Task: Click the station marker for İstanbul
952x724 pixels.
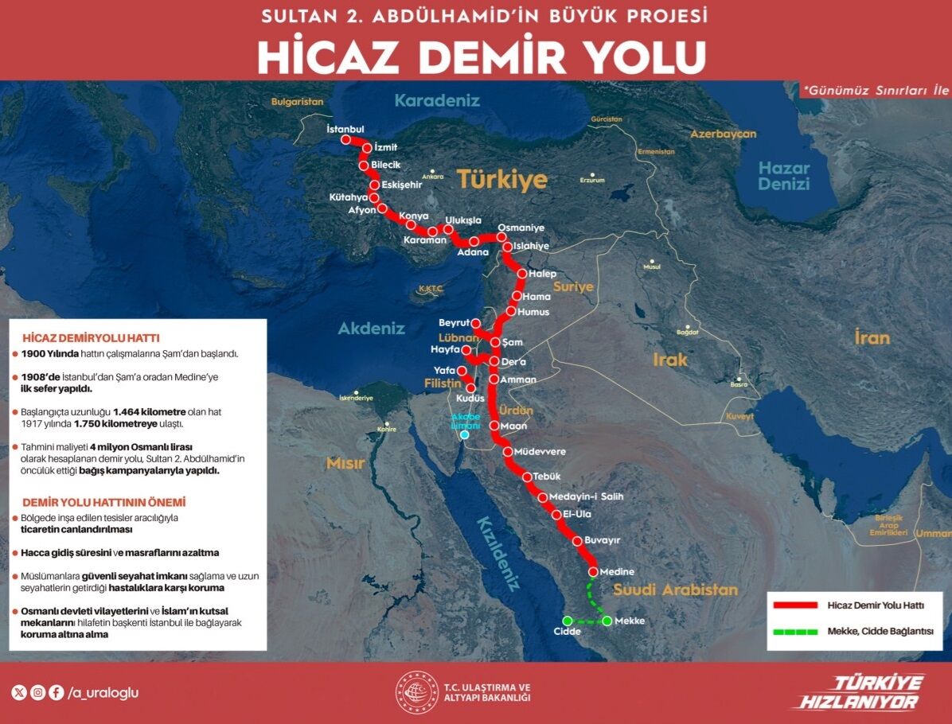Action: (345, 139)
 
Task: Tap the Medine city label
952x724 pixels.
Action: (617, 572)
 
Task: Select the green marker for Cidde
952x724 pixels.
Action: (568, 621)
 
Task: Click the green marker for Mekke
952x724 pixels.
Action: (607, 621)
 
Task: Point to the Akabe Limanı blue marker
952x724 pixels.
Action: (464, 434)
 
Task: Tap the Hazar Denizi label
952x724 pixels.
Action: (783, 176)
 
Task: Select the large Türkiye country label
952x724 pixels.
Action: (501, 179)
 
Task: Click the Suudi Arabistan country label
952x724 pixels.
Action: (675, 590)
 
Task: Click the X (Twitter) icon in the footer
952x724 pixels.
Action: (20, 692)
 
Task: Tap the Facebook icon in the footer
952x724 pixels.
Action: (56, 692)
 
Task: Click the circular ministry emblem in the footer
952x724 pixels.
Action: (417, 693)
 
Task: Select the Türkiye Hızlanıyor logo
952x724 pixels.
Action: (859, 692)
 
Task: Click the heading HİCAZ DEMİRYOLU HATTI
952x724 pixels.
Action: (91, 338)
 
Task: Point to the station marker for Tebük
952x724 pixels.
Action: (527, 477)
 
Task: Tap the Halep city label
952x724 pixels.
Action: (542, 274)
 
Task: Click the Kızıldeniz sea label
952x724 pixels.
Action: (498, 553)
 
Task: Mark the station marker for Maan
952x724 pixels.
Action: (494, 426)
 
